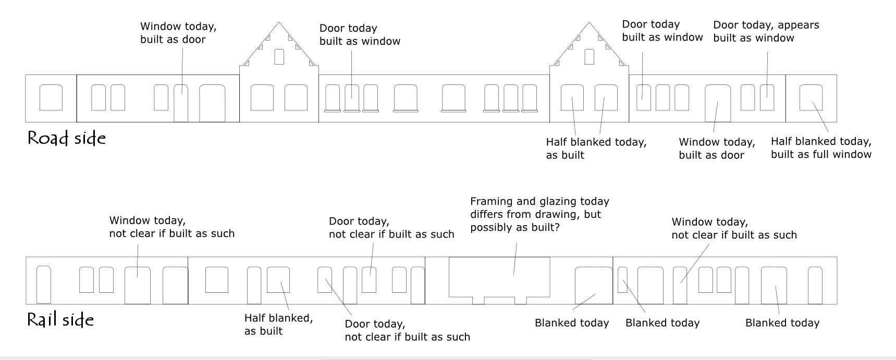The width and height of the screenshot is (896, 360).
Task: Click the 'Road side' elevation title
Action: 66,139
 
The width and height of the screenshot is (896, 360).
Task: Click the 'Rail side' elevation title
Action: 60,319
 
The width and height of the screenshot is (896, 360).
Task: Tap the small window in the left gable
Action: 279,57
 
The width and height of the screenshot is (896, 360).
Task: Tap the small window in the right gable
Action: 589,57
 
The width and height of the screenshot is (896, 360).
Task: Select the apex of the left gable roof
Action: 279,22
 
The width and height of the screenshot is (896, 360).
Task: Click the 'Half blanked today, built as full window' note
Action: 821,147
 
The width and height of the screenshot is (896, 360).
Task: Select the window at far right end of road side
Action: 811,97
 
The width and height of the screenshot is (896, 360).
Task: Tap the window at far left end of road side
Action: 51,97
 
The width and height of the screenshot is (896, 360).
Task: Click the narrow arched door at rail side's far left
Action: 44,284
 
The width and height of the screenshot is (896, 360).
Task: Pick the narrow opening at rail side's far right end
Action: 815,285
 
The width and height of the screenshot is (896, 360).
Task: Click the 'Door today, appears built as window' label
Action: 766,31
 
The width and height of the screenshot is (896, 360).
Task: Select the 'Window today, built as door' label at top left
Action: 178,33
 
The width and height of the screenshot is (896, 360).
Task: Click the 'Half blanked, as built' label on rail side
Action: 278,324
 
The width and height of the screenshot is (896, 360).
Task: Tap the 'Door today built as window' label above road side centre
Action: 360,35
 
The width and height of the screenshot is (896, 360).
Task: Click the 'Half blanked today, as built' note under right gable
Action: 596,148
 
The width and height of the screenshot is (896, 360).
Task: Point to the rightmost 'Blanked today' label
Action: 782,323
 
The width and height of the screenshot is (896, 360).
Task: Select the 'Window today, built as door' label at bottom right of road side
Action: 717,148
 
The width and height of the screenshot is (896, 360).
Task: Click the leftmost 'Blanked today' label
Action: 572,323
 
